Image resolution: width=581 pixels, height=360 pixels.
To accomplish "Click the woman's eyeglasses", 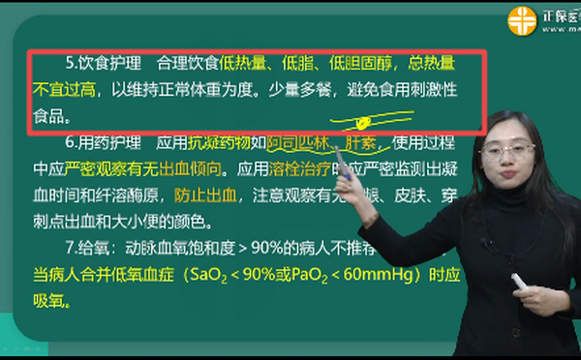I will [x=504, y=151].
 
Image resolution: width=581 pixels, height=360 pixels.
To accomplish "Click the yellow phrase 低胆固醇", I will [x=362, y=65].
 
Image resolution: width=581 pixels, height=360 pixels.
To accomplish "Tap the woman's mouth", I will [x=506, y=176].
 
